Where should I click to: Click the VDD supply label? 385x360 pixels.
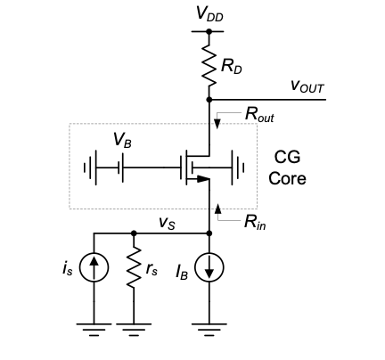coord(209,13)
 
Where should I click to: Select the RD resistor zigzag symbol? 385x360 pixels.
coord(209,66)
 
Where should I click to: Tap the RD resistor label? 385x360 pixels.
coord(232,67)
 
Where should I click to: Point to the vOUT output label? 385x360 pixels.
coord(307,86)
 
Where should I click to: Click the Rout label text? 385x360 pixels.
coord(259,114)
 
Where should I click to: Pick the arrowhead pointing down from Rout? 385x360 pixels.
coord(217,124)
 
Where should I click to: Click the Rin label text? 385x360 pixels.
coord(255,222)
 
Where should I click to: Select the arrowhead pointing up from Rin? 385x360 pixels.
coord(218,209)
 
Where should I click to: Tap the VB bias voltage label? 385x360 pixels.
coord(122,140)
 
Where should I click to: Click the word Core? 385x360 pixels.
coord(287,178)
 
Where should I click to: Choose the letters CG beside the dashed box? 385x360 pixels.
coord(287,157)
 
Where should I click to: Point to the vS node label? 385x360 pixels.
coord(167,223)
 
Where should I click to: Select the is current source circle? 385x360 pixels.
coord(94,267)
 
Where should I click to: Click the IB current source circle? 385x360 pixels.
coord(209,267)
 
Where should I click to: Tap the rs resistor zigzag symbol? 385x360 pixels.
coord(134,266)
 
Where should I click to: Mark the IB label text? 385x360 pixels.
coord(182,272)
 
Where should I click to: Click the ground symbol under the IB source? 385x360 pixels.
coord(209,330)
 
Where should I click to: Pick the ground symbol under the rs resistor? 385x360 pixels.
coord(134,330)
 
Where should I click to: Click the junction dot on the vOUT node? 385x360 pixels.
coord(209,100)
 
